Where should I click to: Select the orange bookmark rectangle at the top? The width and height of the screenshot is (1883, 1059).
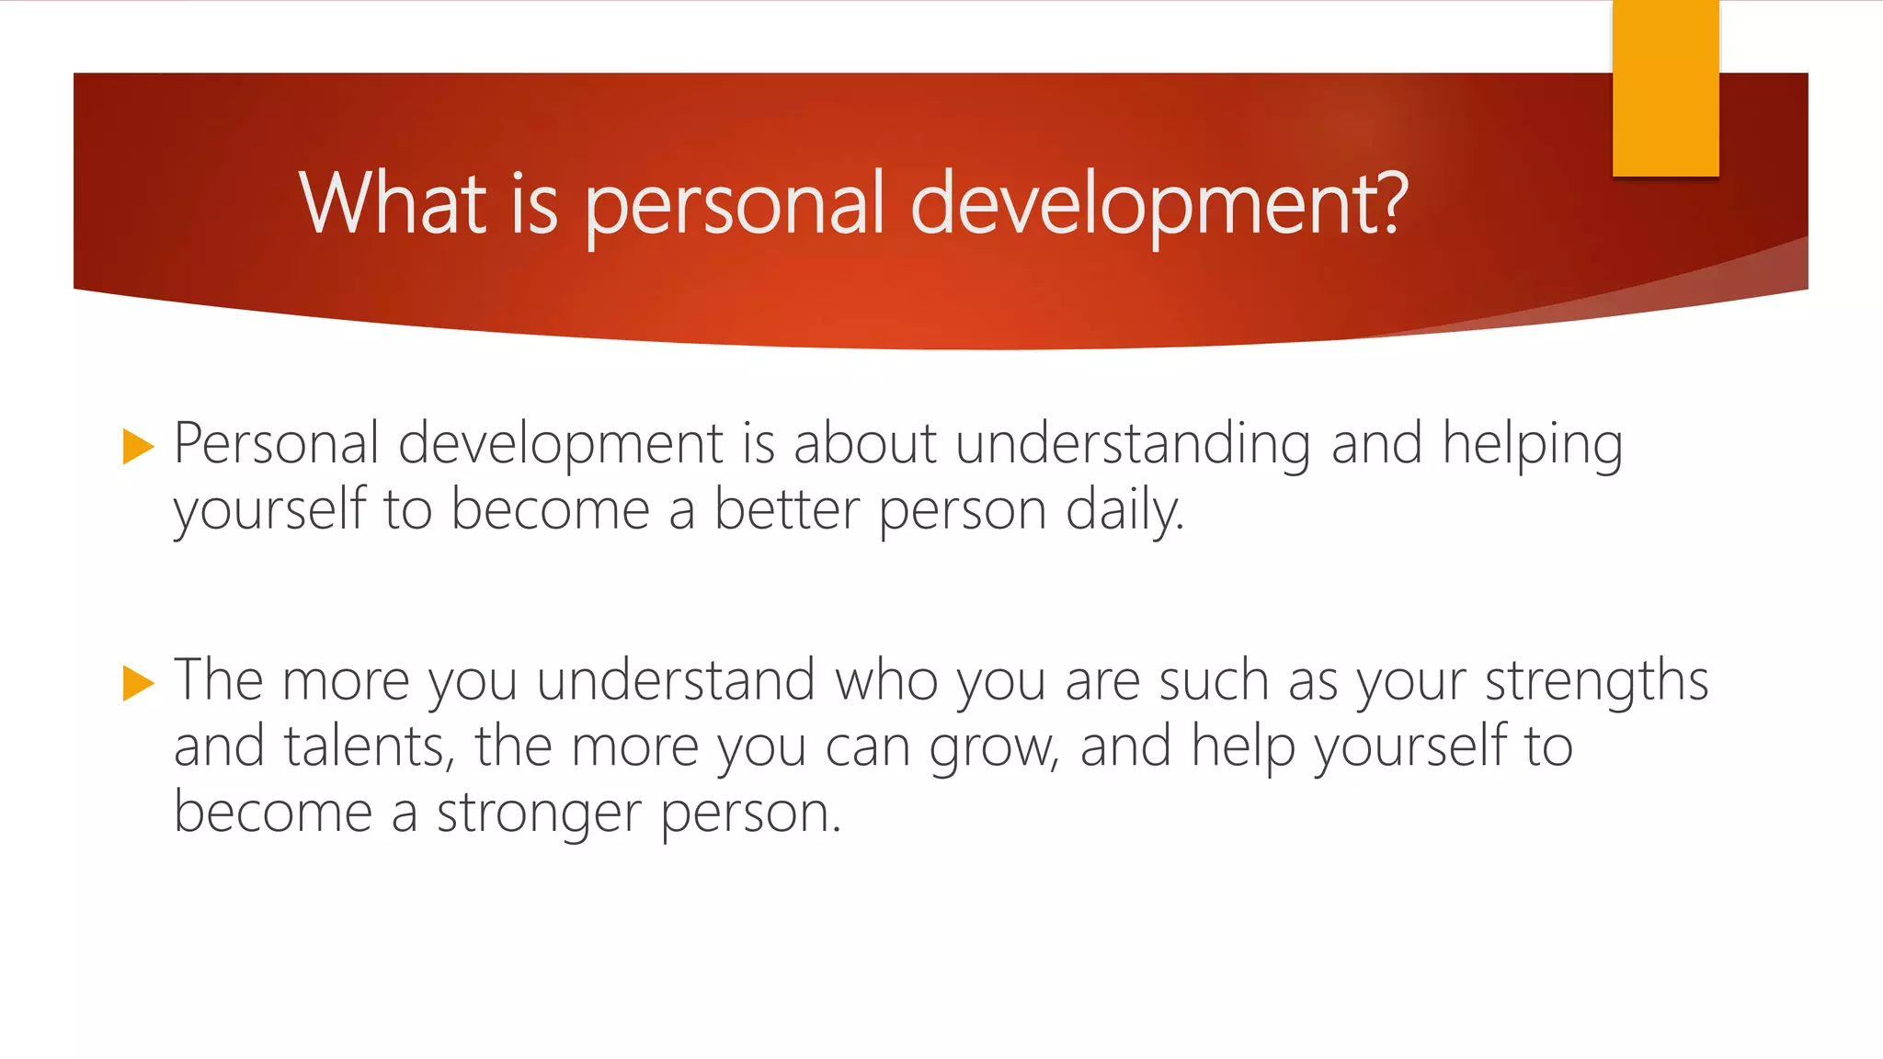pyautogui.click(x=1665, y=89)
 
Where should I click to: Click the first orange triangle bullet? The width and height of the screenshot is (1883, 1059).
pyautogui.click(x=138, y=447)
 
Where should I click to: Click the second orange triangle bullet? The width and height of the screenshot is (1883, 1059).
pyautogui.click(x=138, y=683)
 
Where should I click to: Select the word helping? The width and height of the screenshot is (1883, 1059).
pyautogui.click(x=1532, y=445)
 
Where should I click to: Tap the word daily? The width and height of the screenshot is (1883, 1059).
pyautogui.click(x=1124, y=511)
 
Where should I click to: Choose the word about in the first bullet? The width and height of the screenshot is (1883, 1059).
pyautogui.click(x=864, y=444)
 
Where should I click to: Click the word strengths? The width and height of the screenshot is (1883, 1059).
pyautogui.click(x=1596, y=681)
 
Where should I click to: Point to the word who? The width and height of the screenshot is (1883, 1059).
pyautogui.click(x=886, y=681)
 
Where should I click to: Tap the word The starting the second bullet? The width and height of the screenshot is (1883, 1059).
pyautogui.click(x=219, y=681)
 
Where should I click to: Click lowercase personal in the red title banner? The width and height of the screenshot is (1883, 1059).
pyautogui.click(x=735, y=204)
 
